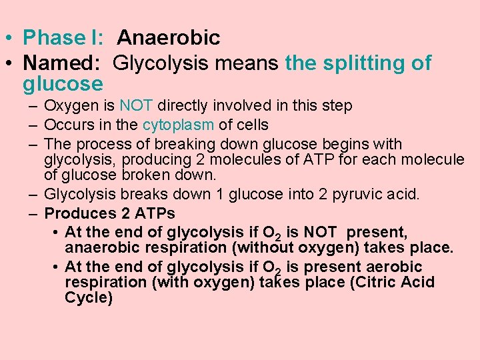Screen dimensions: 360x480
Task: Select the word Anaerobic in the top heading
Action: tap(168, 38)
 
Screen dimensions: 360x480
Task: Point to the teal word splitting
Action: tap(357, 63)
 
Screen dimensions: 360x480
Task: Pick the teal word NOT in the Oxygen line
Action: tap(137, 105)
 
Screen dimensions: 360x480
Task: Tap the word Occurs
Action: tap(66, 125)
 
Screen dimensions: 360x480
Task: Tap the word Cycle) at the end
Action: tap(89, 297)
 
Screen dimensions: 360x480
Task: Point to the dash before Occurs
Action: tap(33, 125)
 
